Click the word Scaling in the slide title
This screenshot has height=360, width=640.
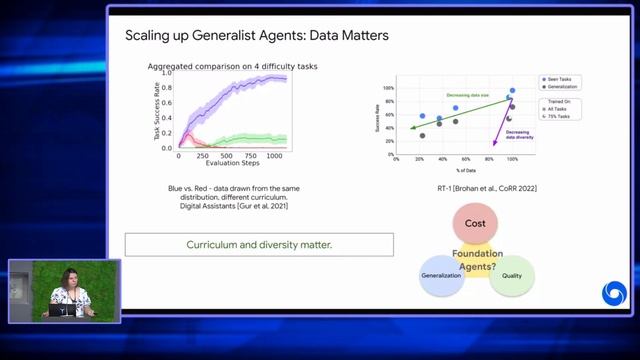tap(147, 36)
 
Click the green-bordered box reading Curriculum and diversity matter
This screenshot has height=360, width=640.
tap(259, 244)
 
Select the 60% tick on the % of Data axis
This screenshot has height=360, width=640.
tap(465, 159)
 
